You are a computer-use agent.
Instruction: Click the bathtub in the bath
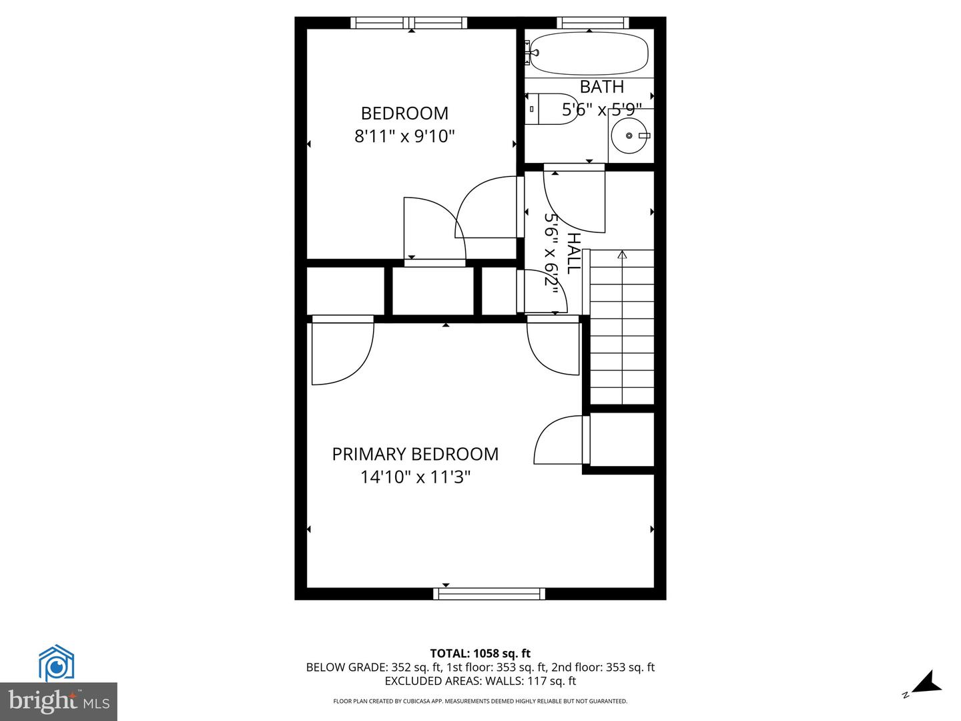[x=589, y=53]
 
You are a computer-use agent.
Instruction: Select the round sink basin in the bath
[x=629, y=136]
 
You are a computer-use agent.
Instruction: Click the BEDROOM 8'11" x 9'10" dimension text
[x=404, y=136]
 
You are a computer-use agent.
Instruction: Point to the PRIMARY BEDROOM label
[x=415, y=454]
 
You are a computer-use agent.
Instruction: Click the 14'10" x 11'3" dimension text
[x=415, y=477]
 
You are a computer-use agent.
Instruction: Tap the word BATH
[x=602, y=87]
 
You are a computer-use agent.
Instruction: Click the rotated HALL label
[x=573, y=253]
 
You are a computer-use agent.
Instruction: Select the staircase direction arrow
[x=623, y=255]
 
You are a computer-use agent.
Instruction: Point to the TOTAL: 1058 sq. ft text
[x=480, y=654]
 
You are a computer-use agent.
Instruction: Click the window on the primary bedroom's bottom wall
[x=489, y=593]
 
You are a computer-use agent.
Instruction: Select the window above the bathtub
[x=593, y=23]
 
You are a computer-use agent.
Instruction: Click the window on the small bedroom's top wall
[x=408, y=23]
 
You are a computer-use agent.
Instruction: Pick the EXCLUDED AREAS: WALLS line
[x=480, y=681]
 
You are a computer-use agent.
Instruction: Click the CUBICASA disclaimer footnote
[x=480, y=701]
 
